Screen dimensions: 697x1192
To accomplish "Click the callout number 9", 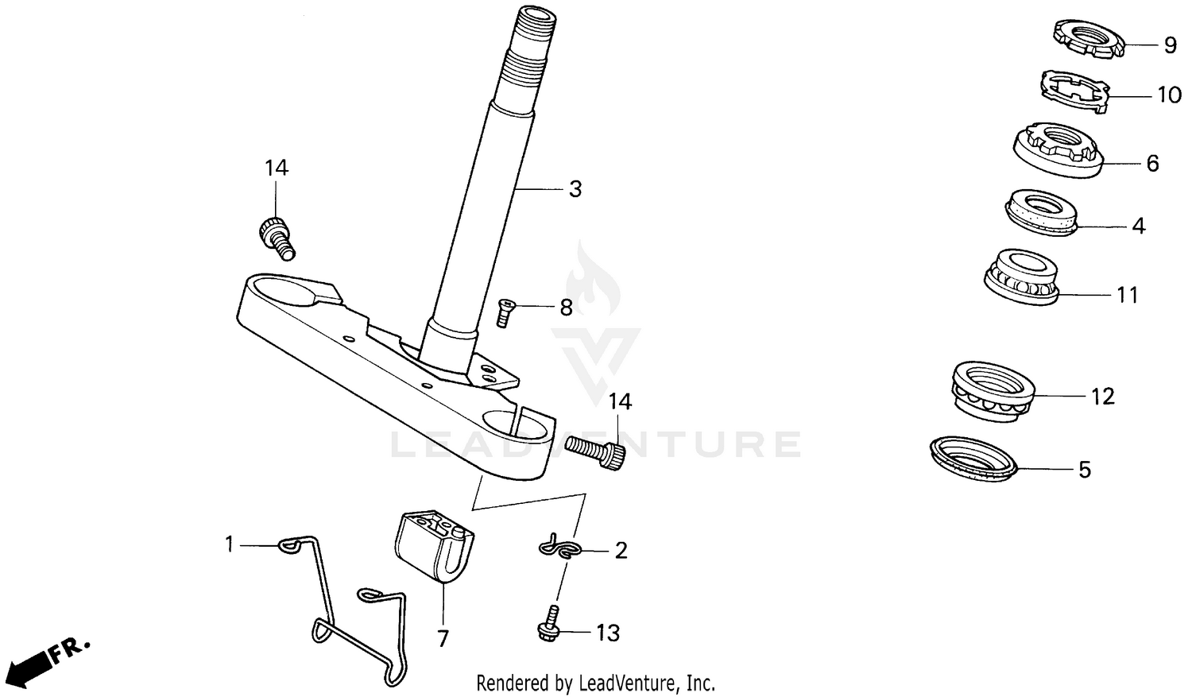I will pos(1170,45).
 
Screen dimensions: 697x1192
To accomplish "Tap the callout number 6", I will pos(1152,164).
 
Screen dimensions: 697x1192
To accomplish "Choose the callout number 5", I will pos(1085,470).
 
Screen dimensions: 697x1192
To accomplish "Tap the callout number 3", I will pos(575,189).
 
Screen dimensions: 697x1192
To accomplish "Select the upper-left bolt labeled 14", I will pos(276,236).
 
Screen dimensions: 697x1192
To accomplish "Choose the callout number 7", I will pos(443,637).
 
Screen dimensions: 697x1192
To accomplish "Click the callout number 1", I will pos(230,544).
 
